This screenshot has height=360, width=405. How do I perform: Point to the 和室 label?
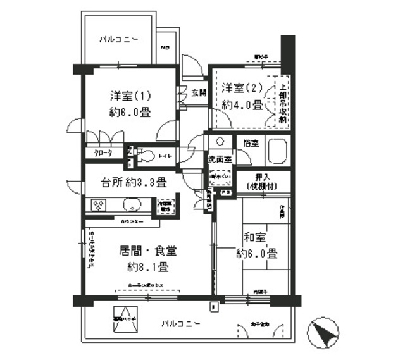(256, 239)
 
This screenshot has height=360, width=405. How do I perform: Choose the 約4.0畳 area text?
(240, 105)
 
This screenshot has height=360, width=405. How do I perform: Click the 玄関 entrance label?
(198, 93)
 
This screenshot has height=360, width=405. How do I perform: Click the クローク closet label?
(103, 153)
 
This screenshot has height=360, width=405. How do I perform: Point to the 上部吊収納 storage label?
(282, 100)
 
